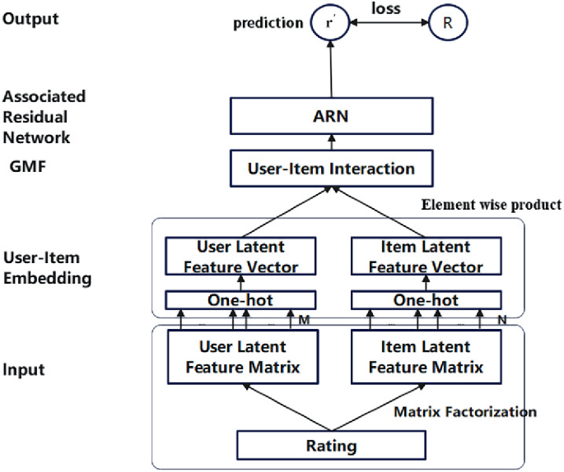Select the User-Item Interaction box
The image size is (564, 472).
(331, 169)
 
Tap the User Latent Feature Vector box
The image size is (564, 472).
(240, 257)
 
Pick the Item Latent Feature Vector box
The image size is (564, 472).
(426, 257)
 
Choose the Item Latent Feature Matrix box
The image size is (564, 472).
(426, 357)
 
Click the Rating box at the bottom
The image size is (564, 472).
(333, 447)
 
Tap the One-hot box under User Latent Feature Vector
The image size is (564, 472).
(240, 300)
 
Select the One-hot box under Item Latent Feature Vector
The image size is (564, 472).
(426, 300)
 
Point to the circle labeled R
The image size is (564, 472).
(447, 23)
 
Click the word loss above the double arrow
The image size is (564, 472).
(388, 10)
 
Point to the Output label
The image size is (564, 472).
(30, 19)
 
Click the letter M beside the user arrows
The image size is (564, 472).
(304, 320)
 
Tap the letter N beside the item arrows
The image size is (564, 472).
(501, 320)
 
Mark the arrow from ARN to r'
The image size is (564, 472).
(331, 70)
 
